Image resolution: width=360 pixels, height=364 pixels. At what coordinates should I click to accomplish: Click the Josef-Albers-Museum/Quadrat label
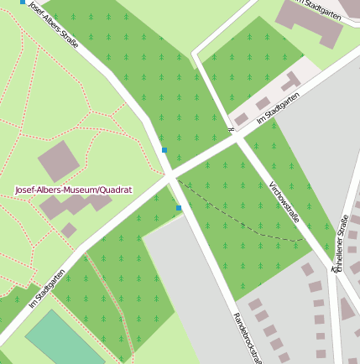(74, 190)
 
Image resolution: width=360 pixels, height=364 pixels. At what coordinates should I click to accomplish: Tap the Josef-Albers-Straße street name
(53, 24)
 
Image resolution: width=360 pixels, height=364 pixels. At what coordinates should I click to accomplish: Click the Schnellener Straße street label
(342, 243)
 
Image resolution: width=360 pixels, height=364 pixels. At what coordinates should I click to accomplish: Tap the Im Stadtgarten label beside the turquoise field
(47, 289)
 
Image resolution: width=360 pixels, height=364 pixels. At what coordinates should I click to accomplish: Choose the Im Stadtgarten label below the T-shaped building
(278, 110)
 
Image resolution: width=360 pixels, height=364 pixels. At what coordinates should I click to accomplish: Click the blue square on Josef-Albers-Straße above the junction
(164, 150)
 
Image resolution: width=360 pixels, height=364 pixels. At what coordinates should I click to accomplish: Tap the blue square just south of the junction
(179, 208)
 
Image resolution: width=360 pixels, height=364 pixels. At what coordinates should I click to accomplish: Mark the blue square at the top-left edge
(23, 3)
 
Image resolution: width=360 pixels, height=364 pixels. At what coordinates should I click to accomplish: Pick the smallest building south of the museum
(69, 229)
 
